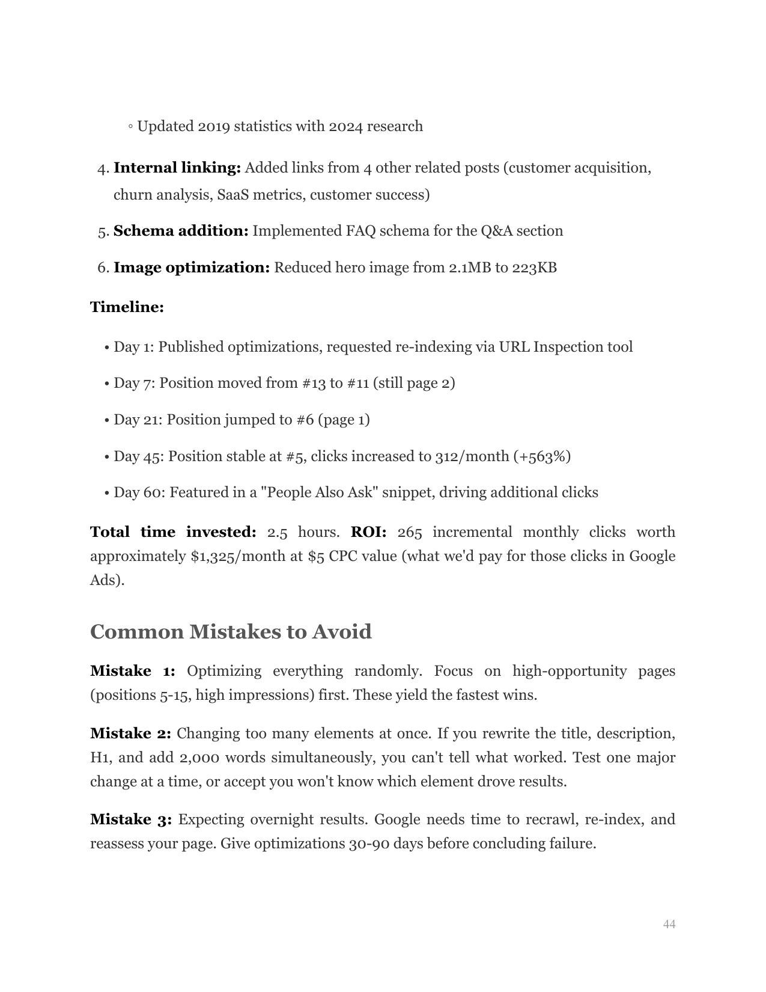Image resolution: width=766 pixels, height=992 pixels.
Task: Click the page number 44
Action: tap(669, 924)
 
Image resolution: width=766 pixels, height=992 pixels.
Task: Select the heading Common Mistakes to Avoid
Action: tap(231, 632)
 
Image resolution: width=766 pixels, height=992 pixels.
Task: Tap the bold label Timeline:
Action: tap(127, 307)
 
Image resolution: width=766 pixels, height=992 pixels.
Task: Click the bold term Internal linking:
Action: tap(177, 168)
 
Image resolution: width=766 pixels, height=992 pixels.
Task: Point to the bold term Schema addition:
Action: tap(181, 231)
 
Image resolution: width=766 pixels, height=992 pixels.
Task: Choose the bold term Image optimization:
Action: tap(192, 268)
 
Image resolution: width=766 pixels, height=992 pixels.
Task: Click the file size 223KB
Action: tap(534, 268)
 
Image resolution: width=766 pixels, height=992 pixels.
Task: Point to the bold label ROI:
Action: tap(368, 532)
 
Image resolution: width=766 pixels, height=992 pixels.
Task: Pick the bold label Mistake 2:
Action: tap(130, 733)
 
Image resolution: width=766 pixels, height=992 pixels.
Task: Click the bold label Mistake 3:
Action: tap(131, 819)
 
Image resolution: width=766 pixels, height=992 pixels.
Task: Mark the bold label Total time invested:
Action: tap(173, 532)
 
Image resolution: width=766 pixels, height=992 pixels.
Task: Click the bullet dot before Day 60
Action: tap(106, 493)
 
